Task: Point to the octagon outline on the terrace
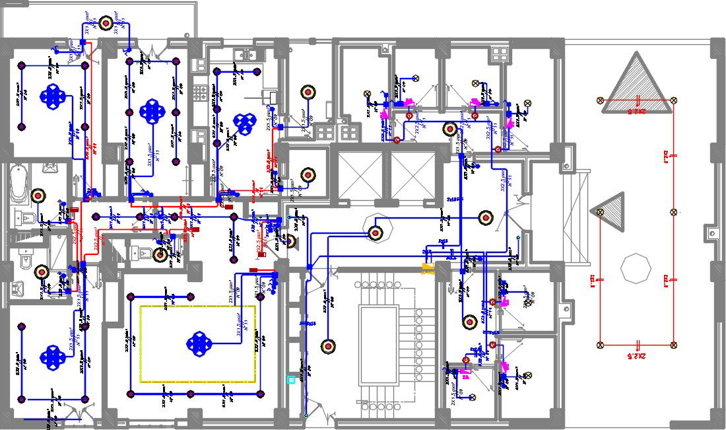coord(636,268)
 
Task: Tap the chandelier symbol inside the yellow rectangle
coord(198,342)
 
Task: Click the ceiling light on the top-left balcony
coord(106,24)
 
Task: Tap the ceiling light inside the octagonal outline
coord(376,232)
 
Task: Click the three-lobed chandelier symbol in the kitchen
coord(246,122)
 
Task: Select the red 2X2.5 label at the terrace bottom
coord(637,355)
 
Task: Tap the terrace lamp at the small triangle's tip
coord(600,212)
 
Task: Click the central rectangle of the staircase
coord(378,346)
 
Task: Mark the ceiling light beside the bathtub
coord(39,196)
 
